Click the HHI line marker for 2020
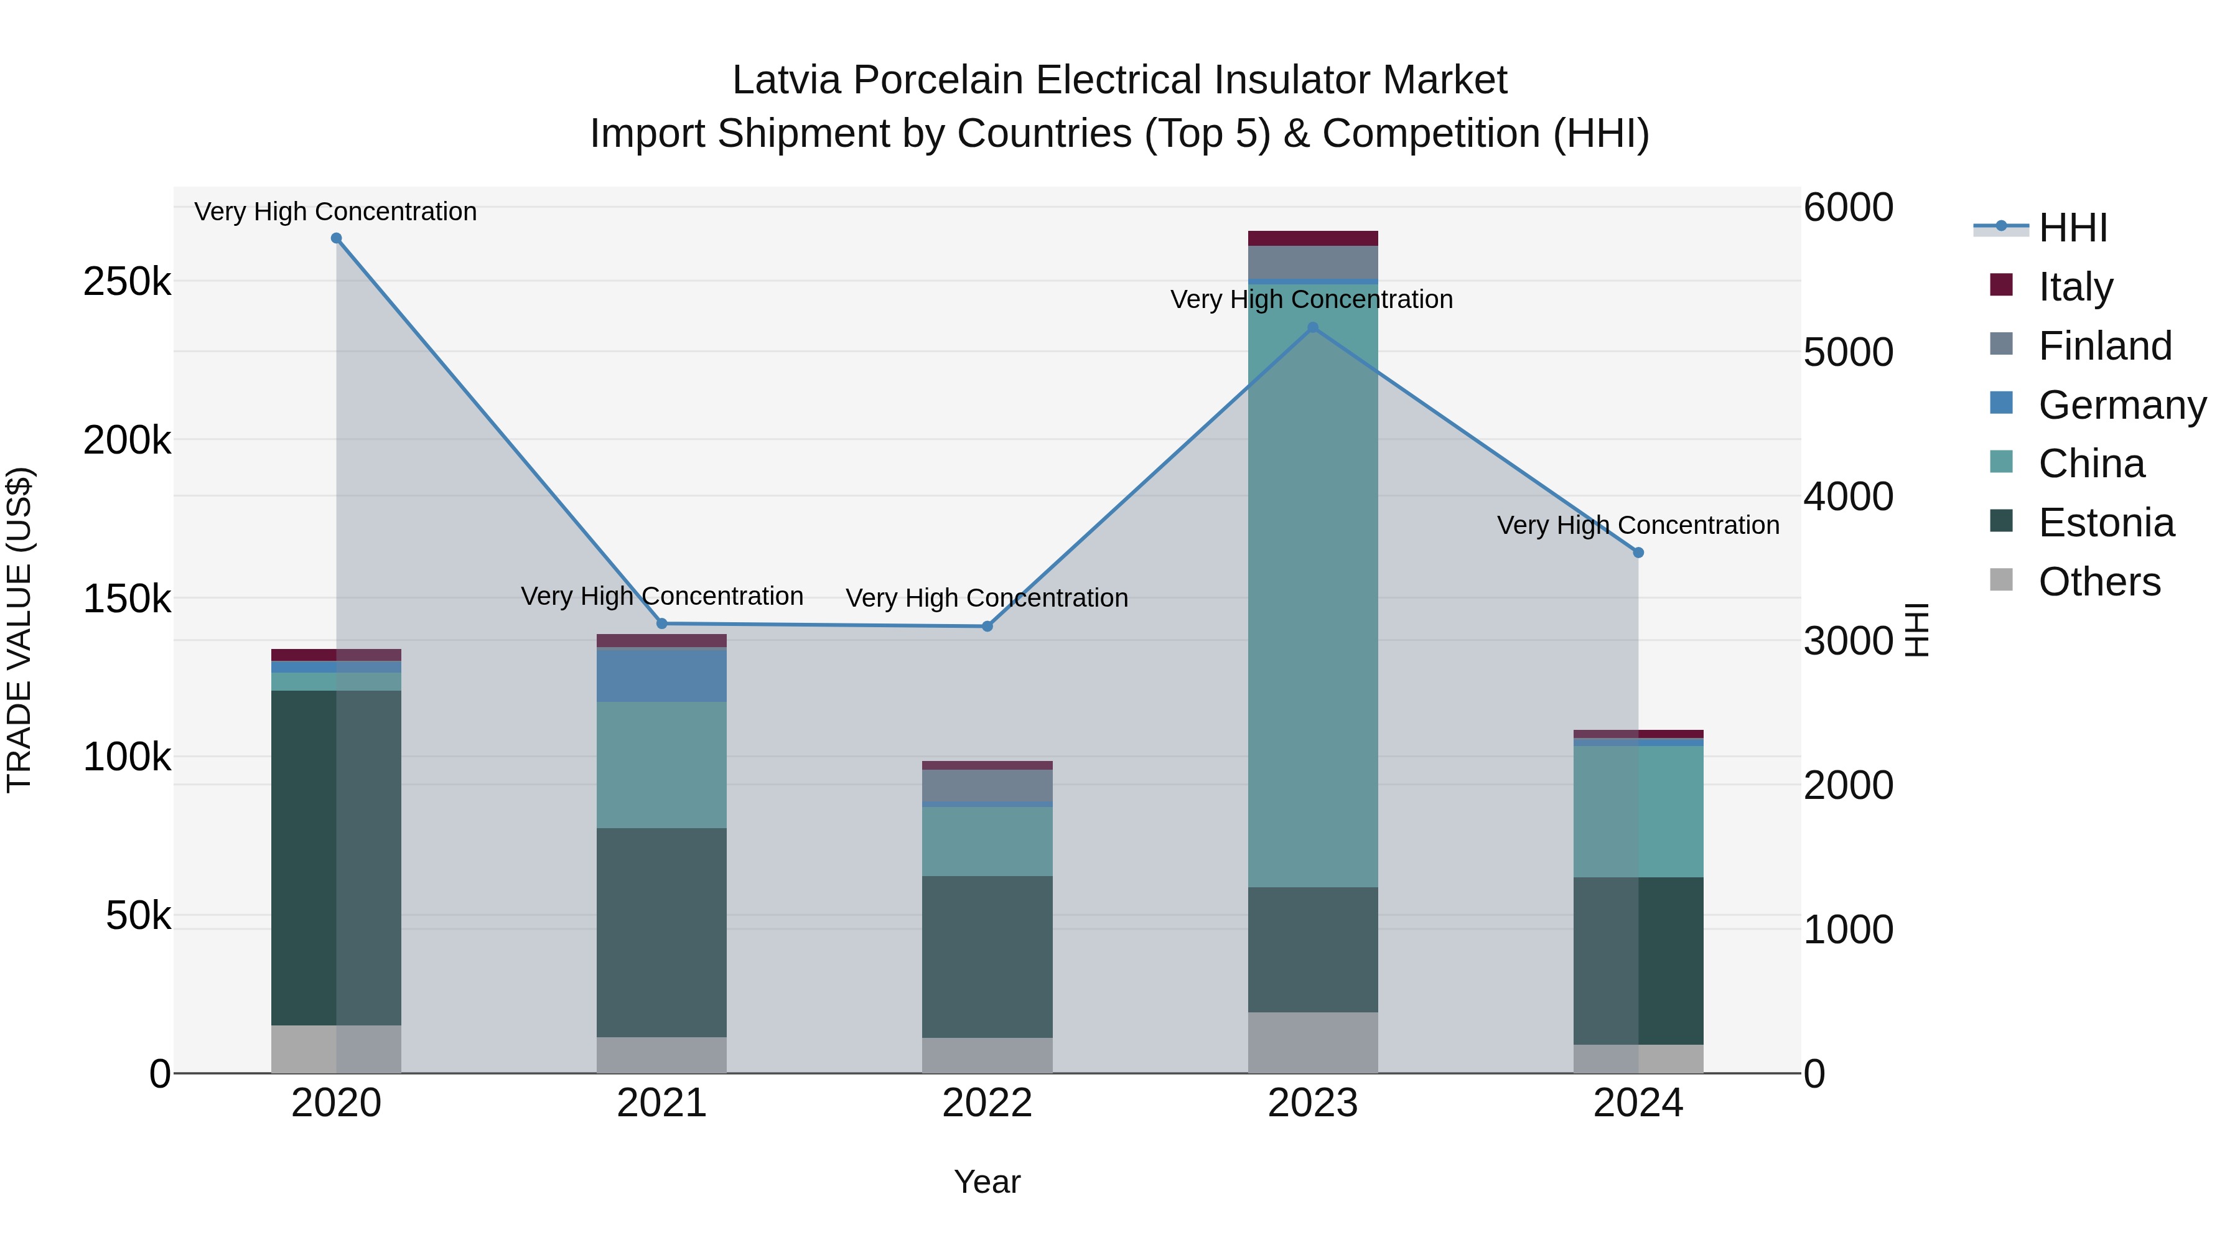pyautogui.click(x=337, y=238)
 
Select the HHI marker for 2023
pyautogui.click(x=1313, y=328)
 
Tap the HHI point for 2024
pyautogui.click(x=1638, y=552)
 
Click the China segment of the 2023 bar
pyautogui.click(x=1313, y=600)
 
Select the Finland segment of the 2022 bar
pyautogui.click(x=987, y=785)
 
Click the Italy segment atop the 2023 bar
pyautogui.click(x=1313, y=238)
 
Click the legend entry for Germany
pyautogui.click(x=2122, y=405)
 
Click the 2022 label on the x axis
pyautogui.click(x=987, y=1103)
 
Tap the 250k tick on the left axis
pyautogui.click(x=127, y=282)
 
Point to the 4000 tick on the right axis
pyautogui.click(x=1849, y=497)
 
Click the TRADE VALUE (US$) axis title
pyautogui.click(x=20, y=630)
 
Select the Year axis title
pyautogui.click(x=987, y=1182)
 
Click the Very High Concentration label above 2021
pyautogui.click(x=662, y=597)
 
